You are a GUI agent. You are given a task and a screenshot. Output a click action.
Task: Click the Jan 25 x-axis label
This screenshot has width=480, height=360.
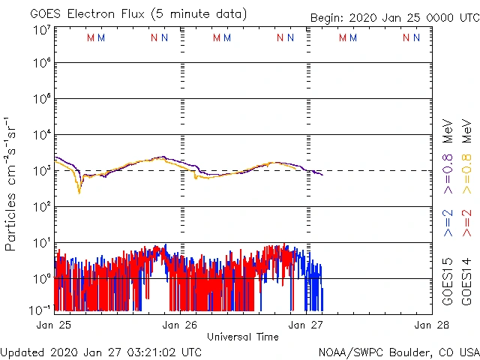tap(55, 325)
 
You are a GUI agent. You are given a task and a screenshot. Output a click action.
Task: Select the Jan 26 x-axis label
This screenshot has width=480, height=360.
tap(181, 325)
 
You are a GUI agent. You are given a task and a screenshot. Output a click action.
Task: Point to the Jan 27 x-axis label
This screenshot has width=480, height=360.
tap(307, 325)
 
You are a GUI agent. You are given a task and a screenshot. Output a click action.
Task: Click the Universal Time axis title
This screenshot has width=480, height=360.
tap(243, 337)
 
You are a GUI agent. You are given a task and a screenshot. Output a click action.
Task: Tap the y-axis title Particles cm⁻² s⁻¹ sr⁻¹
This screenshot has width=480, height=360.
tap(10, 183)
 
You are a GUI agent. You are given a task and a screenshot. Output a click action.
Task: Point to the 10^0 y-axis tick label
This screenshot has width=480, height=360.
tap(41, 279)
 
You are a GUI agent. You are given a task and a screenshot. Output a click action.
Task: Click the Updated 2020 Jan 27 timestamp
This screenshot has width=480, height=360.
tap(101, 352)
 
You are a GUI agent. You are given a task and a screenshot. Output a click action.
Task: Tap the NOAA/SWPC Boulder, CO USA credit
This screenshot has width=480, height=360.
tap(398, 352)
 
